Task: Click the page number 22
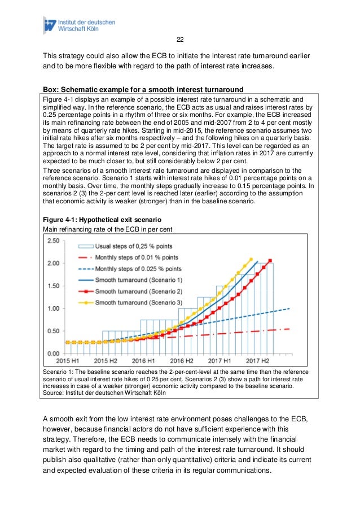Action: (x=180, y=40)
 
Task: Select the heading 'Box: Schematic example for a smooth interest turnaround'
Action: (x=143, y=89)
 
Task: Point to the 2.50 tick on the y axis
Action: (x=52, y=241)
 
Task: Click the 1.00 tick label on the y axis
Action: (x=52, y=308)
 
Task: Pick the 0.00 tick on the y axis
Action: (x=52, y=354)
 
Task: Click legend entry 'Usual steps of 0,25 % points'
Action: (x=137, y=246)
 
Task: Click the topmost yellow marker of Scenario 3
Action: (x=251, y=259)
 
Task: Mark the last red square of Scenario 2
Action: (x=270, y=260)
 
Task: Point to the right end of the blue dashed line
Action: (x=289, y=308)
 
